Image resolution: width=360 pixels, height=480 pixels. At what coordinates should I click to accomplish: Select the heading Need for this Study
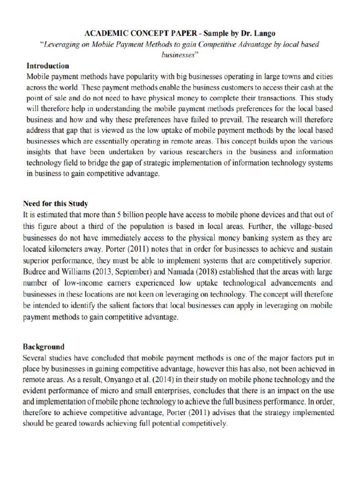[x=56, y=204]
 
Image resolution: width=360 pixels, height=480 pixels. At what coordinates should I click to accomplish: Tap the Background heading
[x=44, y=347]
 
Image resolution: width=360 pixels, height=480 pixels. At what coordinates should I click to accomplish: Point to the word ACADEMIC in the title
[x=106, y=34]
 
